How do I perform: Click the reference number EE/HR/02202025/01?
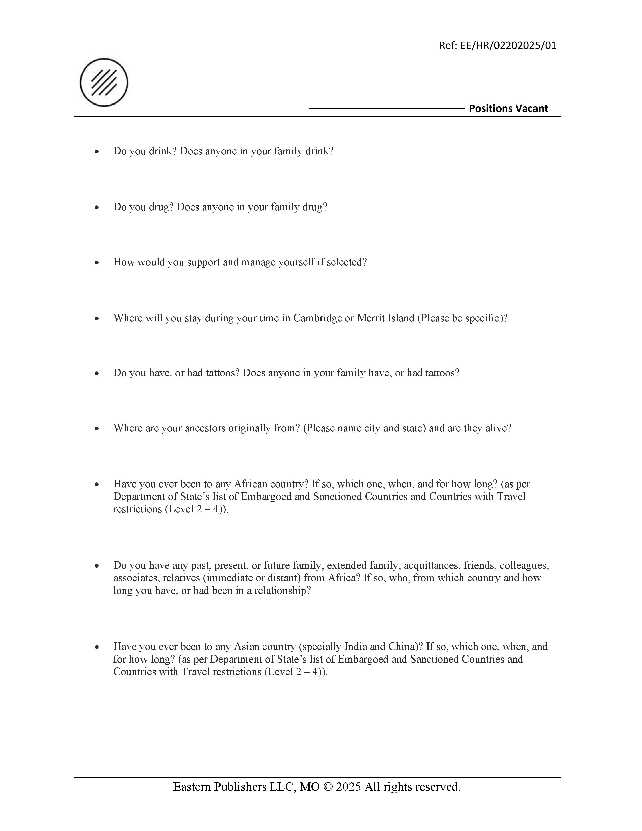(508, 46)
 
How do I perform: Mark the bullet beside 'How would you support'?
(97, 263)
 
